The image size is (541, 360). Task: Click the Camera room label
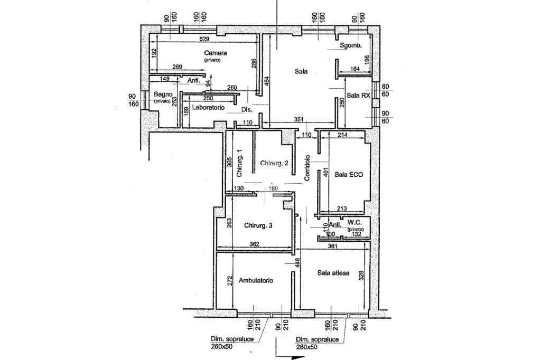click(216, 53)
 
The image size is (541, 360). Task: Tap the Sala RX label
click(358, 96)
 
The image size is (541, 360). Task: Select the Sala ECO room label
click(349, 174)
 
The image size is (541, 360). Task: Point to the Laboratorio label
click(208, 108)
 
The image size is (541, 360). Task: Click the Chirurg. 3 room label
click(258, 226)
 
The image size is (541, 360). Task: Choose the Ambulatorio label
click(256, 281)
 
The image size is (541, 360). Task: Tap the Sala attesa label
click(333, 273)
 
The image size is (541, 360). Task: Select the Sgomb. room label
click(351, 46)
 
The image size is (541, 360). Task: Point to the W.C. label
click(356, 224)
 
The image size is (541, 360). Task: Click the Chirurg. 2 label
click(274, 164)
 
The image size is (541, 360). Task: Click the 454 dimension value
click(267, 81)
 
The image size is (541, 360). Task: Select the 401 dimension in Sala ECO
click(327, 172)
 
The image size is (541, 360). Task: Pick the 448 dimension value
click(298, 262)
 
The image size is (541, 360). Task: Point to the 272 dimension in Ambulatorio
click(230, 281)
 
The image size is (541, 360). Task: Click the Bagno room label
click(161, 95)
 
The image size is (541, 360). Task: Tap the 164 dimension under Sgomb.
click(355, 69)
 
